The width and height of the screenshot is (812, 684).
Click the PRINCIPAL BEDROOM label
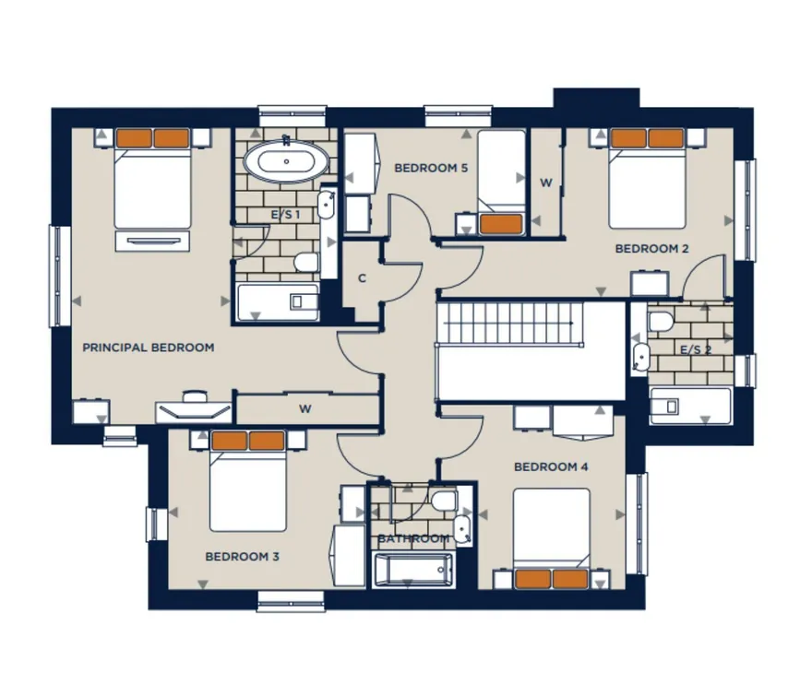[x=149, y=348]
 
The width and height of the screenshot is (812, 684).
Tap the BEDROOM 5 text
[x=431, y=168]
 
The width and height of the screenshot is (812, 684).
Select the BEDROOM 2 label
[x=652, y=249]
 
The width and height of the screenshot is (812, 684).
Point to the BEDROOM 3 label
[x=243, y=557]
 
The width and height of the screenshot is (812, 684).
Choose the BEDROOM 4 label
[x=551, y=467]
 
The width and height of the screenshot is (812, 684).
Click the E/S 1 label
[x=285, y=214]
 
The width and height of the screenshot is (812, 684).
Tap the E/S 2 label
[x=696, y=350]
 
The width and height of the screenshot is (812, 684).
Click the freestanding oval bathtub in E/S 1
[x=286, y=162]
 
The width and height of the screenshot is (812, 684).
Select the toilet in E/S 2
[x=660, y=321]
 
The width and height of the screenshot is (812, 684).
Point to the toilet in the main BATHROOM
[x=445, y=501]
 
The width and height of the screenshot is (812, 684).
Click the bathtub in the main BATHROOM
[x=412, y=570]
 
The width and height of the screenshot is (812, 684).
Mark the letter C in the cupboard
[x=362, y=278]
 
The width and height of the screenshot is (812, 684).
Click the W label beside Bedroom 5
[x=546, y=183]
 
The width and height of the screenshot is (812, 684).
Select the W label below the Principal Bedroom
[x=305, y=409]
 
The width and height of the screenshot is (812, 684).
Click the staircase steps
[x=510, y=323]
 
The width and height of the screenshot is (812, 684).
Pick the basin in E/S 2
[x=640, y=357]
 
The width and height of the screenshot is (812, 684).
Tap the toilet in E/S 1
[x=306, y=263]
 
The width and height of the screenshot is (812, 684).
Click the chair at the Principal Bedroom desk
[x=194, y=396]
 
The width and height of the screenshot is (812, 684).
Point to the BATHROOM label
[x=413, y=538]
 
